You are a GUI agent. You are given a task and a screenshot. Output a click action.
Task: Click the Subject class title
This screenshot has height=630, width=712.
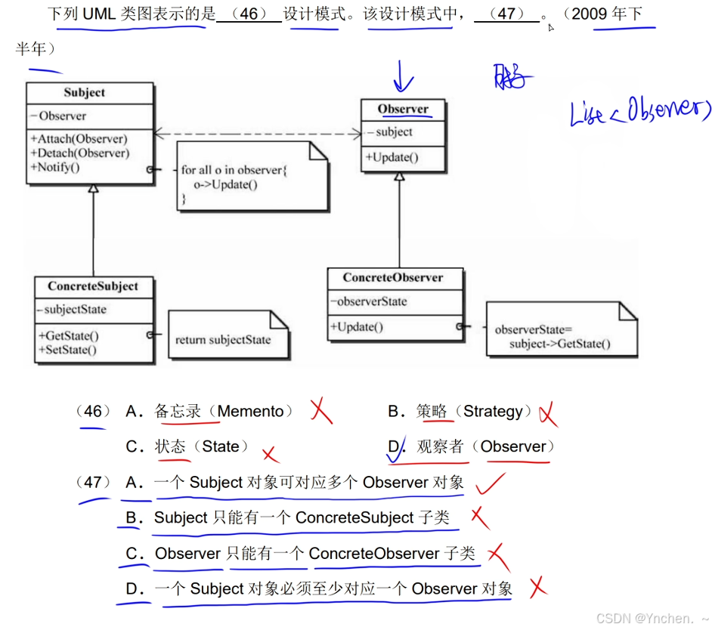tap(84, 93)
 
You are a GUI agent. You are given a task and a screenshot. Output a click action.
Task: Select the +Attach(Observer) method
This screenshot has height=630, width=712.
tap(79, 139)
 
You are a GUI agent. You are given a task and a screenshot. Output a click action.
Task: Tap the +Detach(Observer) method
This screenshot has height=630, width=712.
tap(79, 153)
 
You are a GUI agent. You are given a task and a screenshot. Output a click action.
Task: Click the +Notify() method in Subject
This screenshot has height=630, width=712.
tap(54, 167)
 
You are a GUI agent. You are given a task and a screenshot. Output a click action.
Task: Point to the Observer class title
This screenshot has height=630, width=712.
tap(403, 110)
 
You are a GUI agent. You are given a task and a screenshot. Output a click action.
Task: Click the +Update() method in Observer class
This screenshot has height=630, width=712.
tap(392, 157)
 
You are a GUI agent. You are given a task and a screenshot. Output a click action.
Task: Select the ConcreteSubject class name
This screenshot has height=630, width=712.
tap(93, 287)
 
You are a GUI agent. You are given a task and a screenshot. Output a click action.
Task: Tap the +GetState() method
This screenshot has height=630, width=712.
tap(67, 336)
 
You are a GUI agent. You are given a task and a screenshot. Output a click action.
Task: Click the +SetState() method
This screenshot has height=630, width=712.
tap(67, 350)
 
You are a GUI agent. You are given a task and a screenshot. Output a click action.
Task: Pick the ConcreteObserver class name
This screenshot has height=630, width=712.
tap(393, 278)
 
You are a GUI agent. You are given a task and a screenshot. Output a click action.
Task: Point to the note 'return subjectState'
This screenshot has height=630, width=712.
tap(224, 340)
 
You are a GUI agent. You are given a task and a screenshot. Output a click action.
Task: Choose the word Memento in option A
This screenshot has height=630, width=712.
tap(250, 412)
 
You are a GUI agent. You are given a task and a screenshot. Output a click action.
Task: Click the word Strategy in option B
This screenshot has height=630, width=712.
tap(493, 412)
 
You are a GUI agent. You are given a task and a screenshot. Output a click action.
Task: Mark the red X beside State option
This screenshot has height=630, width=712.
tap(270, 454)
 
